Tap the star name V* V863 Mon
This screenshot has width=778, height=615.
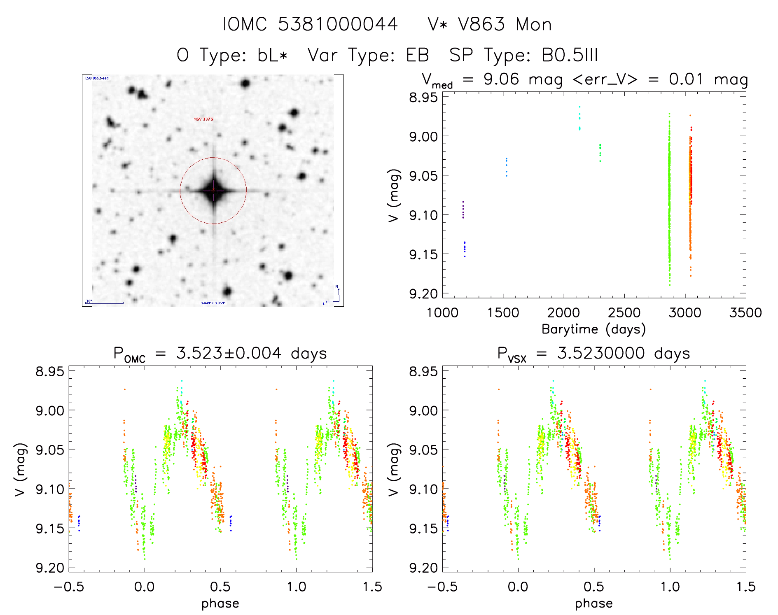490,25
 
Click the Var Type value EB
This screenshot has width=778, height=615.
417,55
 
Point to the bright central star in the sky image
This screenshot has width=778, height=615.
213,190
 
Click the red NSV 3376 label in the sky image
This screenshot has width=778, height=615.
203,119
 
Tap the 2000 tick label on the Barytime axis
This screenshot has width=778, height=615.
563,313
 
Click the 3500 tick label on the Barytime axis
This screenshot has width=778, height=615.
745,313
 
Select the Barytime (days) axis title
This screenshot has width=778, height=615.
593,329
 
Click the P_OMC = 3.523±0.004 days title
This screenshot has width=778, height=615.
220,354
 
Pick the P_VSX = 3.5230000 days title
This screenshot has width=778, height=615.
593,354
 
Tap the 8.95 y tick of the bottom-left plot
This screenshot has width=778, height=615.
50,371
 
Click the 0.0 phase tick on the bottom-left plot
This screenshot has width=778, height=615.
145,587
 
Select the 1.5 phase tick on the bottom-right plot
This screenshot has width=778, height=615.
745,587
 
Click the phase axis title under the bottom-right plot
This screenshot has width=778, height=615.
593,603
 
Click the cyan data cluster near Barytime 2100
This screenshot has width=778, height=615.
579,119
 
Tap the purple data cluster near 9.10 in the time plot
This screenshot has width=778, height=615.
463,210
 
